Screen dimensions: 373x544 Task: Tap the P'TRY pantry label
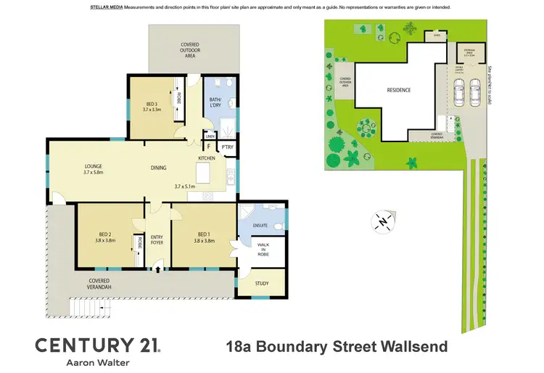[227, 147]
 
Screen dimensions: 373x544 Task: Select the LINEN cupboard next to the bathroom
[210, 136]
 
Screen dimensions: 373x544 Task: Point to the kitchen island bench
[204, 173]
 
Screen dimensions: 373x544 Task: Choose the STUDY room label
[261, 284]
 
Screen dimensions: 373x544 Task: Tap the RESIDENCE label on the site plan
[398, 90]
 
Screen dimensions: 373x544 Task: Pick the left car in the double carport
[459, 92]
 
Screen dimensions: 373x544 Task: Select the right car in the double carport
[476, 92]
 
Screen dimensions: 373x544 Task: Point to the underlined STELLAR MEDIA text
[106, 7]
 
